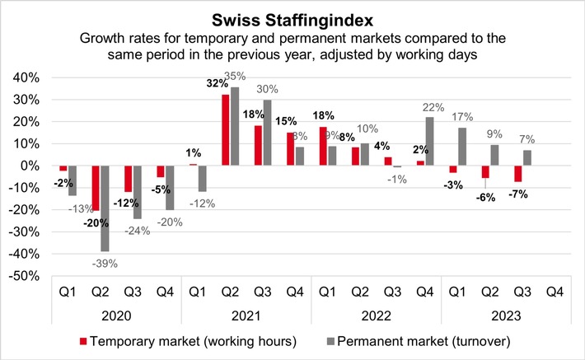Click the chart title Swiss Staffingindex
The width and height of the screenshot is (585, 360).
pyautogui.click(x=292, y=18)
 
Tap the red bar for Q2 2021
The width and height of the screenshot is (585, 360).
pyautogui.click(x=226, y=130)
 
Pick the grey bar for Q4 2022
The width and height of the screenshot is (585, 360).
pyautogui.click(x=429, y=141)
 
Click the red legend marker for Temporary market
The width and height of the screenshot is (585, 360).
pyautogui.click(x=83, y=339)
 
